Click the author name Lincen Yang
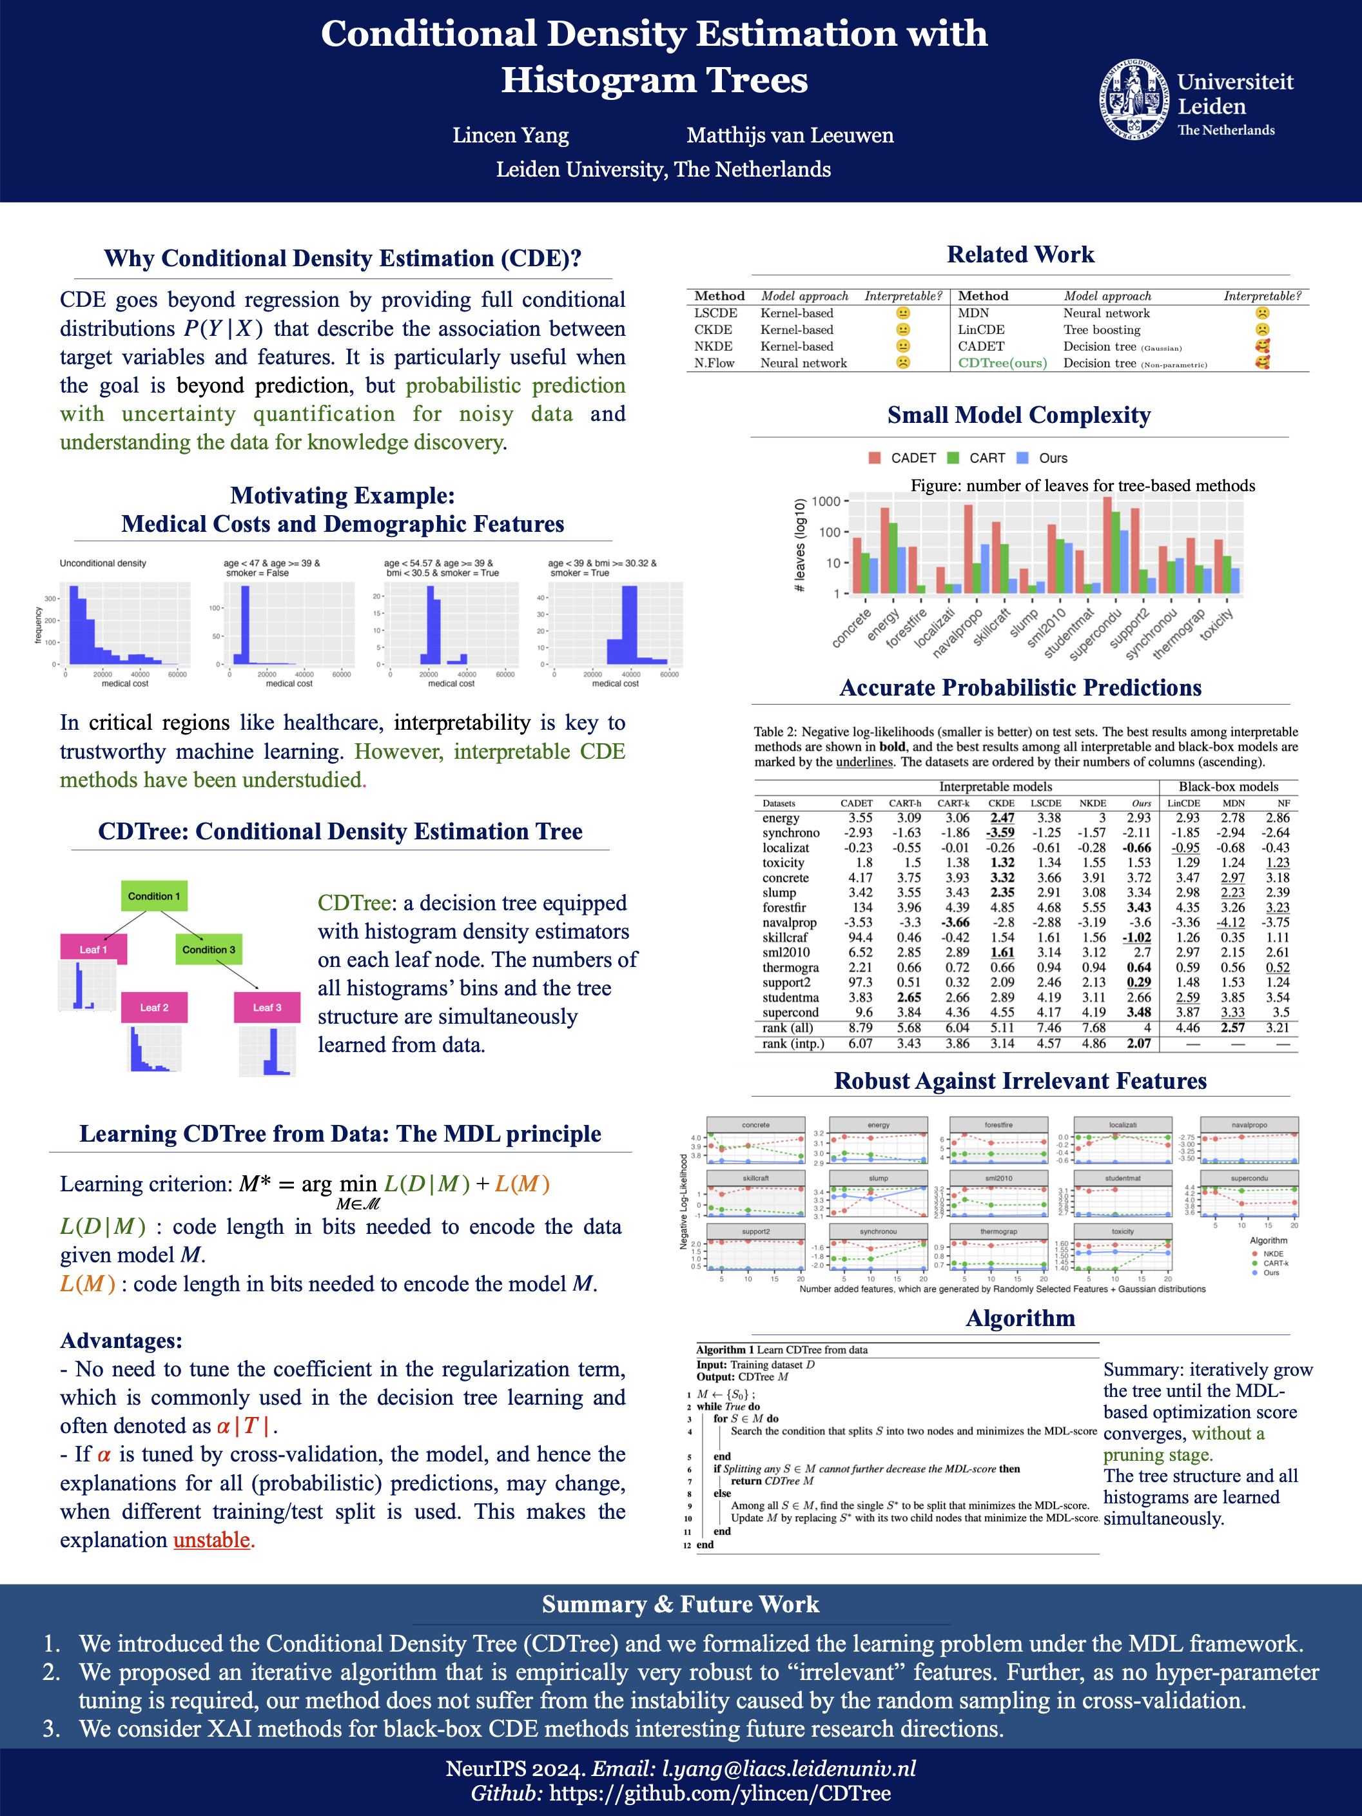[510, 135]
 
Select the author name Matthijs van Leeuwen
[790, 135]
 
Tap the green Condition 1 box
[153, 895]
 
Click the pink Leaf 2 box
[153, 1008]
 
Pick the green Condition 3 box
[209, 949]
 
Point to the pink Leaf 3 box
[267, 1008]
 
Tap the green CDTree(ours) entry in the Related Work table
[1002, 363]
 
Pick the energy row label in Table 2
[780, 817]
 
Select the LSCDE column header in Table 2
[1046, 803]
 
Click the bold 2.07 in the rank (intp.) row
[1138, 1044]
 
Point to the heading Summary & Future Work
[681, 1604]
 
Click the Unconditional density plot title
[102, 563]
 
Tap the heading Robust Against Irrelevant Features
[1020, 1081]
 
